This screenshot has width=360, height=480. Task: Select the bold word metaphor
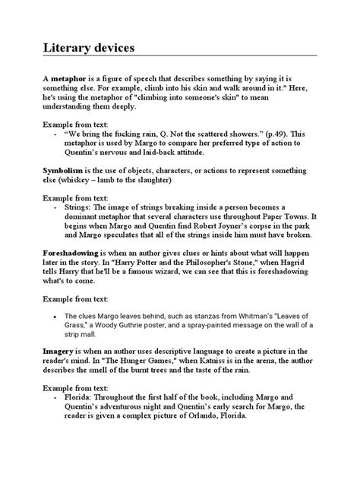tap(67, 78)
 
